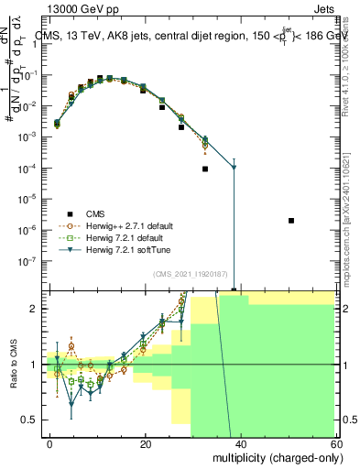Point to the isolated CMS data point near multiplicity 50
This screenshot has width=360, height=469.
point(290,221)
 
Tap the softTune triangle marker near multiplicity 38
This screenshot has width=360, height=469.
point(234,168)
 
